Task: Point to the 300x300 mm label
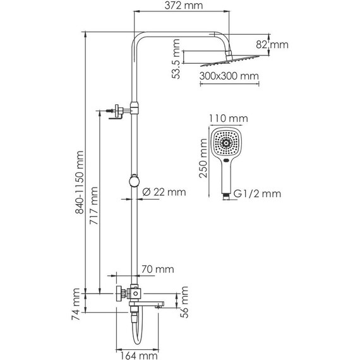[229, 76]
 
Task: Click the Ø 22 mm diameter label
[165, 192]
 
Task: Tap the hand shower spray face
[226, 143]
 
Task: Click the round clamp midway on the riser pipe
[133, 181]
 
